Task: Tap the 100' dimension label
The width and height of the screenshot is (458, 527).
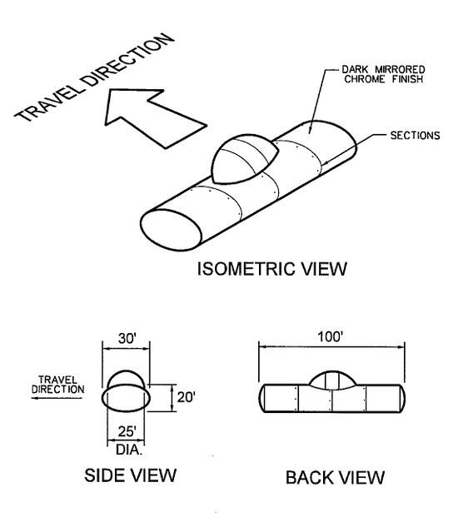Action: tap(331, 336)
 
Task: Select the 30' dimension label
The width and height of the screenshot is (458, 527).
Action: tap(127, 339)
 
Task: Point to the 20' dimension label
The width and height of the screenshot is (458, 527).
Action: tap(186, 397)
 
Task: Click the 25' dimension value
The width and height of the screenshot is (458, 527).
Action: tap(127, 431)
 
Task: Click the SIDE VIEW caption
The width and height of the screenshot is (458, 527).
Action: tap(131, 475)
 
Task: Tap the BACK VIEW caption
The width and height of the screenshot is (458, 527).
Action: tap(335, 478)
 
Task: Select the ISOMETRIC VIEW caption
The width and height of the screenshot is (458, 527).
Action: tap(271, 269)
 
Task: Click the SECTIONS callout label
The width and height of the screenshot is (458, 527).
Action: tap(415, 136)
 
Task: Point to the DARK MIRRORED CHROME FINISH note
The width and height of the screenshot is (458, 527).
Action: tap(384, 74)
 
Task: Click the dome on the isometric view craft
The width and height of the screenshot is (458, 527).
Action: tap(245, 159)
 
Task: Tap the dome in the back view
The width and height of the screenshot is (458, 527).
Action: tap(332, 380)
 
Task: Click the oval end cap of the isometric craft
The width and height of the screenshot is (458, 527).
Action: tap(171, 230)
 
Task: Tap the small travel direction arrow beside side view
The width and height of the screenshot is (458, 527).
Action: tap(57, 398)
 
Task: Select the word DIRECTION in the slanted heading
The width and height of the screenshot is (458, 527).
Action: tap(127, 59)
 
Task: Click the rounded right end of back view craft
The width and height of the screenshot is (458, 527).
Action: tap(402, 398)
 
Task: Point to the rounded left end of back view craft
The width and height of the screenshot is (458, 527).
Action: tap(261, 398)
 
